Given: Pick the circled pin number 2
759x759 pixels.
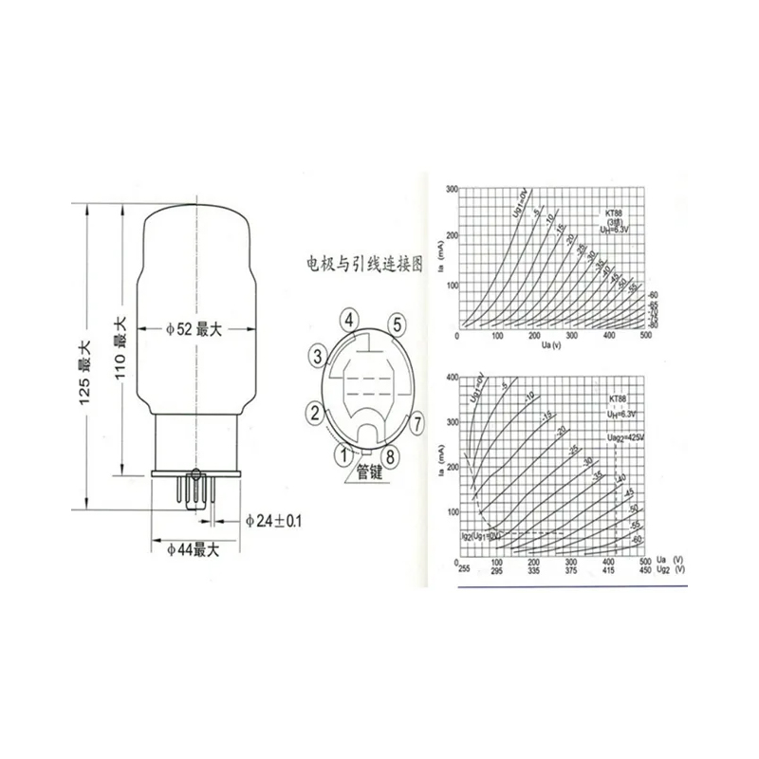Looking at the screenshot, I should [x=312, y=414].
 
